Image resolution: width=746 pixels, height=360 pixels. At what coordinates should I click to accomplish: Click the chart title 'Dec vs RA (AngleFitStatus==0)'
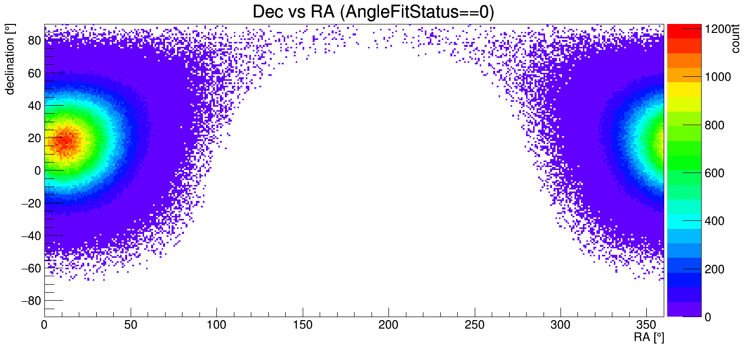click(x=373, y=12)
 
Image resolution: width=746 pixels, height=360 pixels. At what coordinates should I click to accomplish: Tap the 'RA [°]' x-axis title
click(x=649, y=338)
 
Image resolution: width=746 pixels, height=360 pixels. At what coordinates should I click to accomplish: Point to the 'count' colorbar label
click(x=735, y=39)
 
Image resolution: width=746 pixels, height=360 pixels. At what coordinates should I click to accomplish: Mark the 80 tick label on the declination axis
click(x=33, y=41)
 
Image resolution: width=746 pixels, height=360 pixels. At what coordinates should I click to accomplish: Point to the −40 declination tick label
click(x=30, y=235)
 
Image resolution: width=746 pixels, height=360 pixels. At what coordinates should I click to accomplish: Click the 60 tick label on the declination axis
click(x=33, y=73)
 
